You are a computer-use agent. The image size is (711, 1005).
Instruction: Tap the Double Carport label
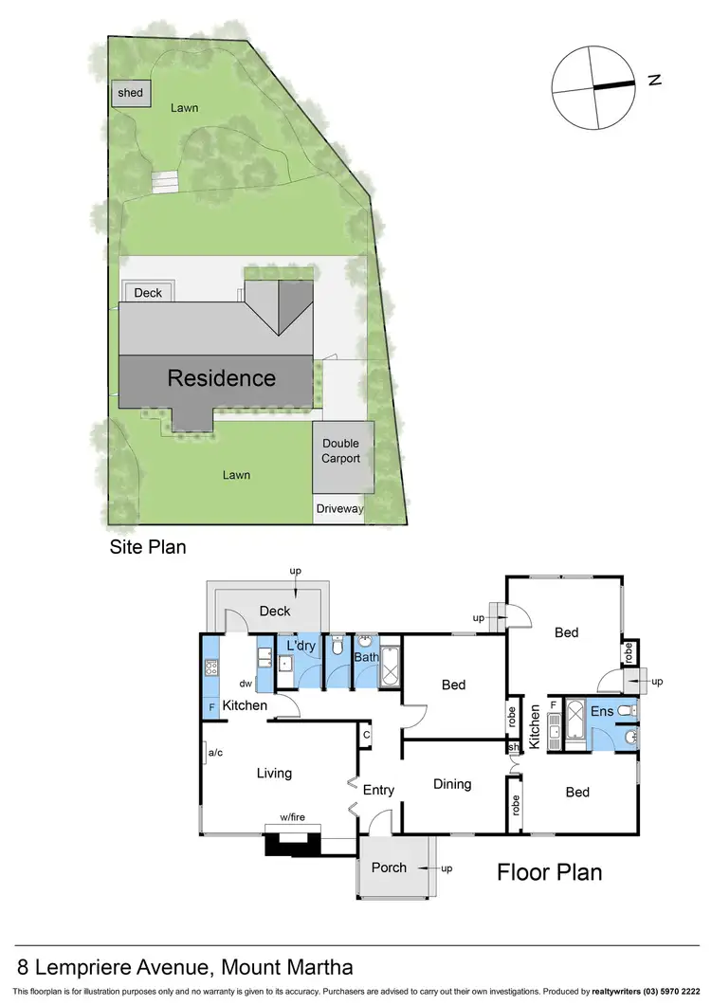coord(341,450)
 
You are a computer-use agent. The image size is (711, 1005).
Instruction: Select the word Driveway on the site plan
coord(340,509)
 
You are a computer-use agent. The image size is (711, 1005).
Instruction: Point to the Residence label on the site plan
coord(221,378)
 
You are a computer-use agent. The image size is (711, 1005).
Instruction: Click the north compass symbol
coord(595,88)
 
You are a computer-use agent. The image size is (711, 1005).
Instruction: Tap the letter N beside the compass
coord(654,81)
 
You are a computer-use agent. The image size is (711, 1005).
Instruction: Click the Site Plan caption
coord(147,547)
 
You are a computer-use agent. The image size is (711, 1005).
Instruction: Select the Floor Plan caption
coord(550,871)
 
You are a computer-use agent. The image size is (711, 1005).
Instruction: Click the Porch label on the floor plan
coord(389,867)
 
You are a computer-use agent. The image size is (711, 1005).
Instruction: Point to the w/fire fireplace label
coord(293,817)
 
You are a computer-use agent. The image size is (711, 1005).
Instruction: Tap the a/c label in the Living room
coord(214,754)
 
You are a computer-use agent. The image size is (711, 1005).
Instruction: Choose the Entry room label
coord(378,790)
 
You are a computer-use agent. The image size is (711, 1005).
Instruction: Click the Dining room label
coord(452,784)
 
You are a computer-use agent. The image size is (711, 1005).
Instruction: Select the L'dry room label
coord(301,646)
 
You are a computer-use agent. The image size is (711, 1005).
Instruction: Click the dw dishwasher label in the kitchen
coord(245,683)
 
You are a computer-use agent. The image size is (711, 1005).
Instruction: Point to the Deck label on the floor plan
coord(275,612)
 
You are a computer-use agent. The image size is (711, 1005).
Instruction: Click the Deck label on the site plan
coord(148,293)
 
